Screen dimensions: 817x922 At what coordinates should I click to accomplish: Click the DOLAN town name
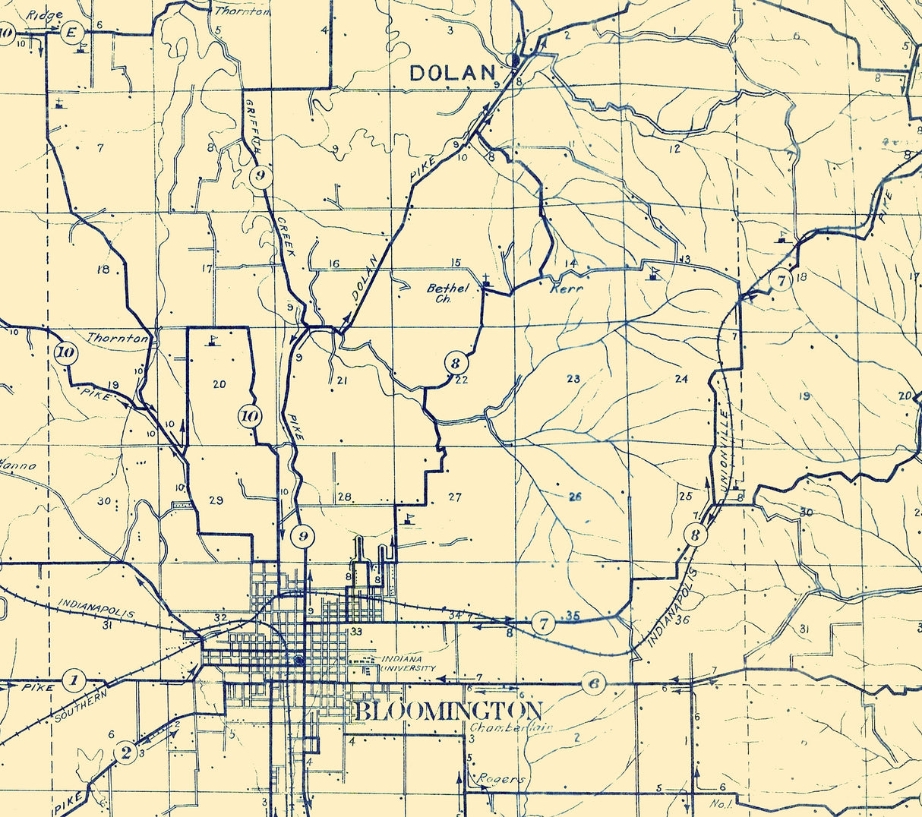pyautogui.click(x=452, y=73)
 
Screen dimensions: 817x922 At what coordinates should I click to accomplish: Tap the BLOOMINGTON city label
pyautogui.click(x=448, y=711)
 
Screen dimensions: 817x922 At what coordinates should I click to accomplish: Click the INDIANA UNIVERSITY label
pyautogui.click(x=409, y=663)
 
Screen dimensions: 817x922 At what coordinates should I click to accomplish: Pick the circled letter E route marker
pyautogui.click(x=72, y=33)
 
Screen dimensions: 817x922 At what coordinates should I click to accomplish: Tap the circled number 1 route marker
pyautogui.click(x=74, y=680)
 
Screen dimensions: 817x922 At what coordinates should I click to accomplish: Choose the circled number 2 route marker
pyautogui.click(x=126, y=752)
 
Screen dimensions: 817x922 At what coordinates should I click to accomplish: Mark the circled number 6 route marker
pyautogui.click(x=594, y=683)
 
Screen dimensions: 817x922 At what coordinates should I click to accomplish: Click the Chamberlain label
pyautogui.click(x=510, y=727)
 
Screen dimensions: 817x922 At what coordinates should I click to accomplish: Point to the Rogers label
pyautogui.click(x=501, y=779)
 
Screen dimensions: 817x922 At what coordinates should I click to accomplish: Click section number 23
pyautogui.click(x=573, y=378)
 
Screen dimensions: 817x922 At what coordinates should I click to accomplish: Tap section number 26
pyautogui.click(x=574, y=497)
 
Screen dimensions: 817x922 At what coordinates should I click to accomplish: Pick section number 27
pyautogui.click(x=454, y=497)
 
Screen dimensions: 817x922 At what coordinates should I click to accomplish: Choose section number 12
pyautogui.click(x=674, y=149)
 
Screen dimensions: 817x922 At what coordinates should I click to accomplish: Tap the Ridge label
pyautogui.click(x=44, y=15)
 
